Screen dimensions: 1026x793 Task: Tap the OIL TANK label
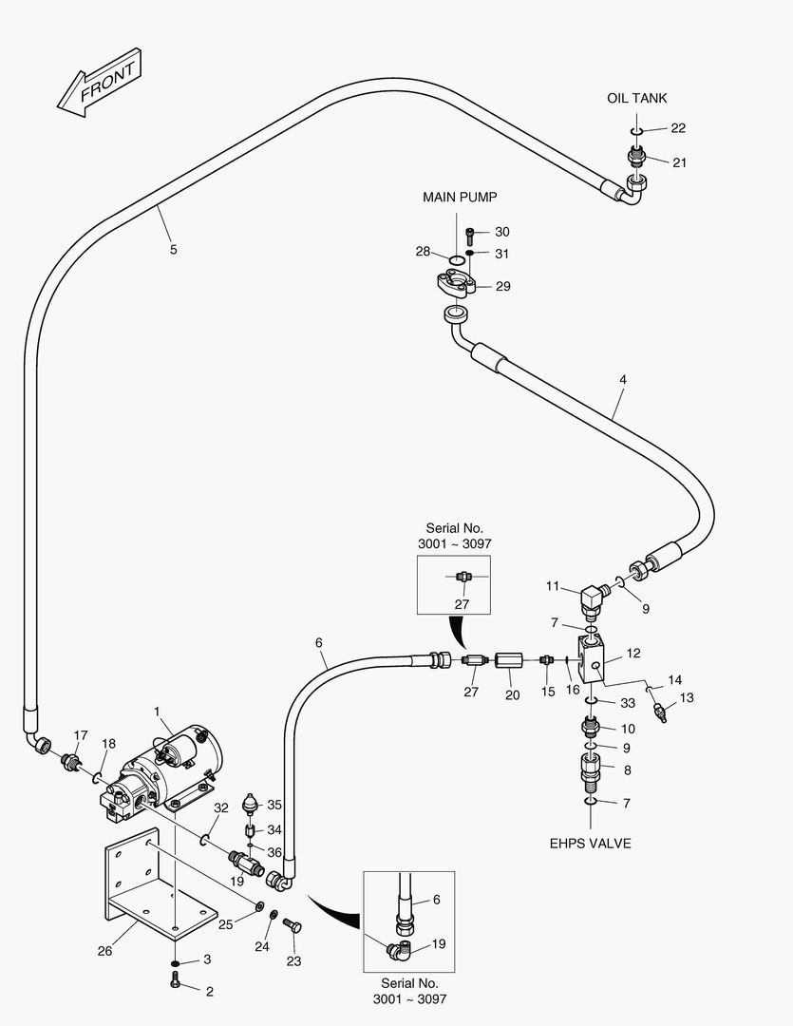coord(636,98)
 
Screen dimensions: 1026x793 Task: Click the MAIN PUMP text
coord(460,198)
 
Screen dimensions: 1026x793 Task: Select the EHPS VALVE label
coord(591,843)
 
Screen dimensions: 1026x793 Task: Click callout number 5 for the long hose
coord(173,249)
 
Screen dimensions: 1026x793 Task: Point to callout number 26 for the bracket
coord(104,950)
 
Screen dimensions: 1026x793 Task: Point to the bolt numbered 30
coord(471,232)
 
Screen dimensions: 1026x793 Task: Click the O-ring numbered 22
coord(638,130)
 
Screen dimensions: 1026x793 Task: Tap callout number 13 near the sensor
coord(687,697)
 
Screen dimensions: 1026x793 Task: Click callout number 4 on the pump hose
coord(622,379)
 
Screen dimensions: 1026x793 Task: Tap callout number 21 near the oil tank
coord(679,162)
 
